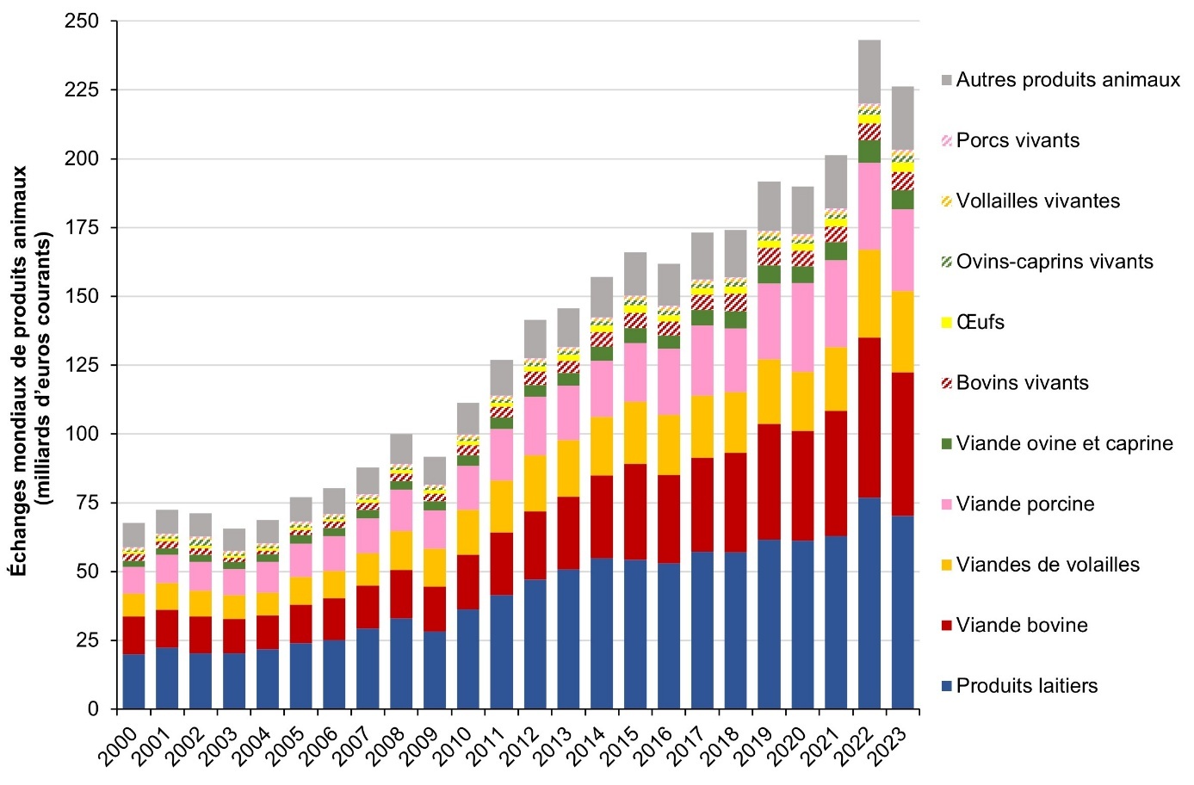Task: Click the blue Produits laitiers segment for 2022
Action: click(x=869, y=603)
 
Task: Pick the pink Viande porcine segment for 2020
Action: click(x=802, y=327)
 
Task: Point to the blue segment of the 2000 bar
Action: click(x=133, y=681)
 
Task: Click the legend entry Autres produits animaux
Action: click(x=1067, y=80)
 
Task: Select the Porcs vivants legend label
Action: click(x=1018, y=140)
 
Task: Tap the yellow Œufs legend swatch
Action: click(x=947, y=323)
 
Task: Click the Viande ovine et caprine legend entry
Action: click(x=1064, y=443)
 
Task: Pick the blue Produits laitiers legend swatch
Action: click(x=947, y=686)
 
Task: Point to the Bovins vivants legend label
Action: click(x=1022, y=383)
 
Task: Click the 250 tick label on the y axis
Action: click(x=82, y=21)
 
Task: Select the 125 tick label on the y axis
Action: click(x=82, y=365)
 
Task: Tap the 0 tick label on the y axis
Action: click(x=93, y=709)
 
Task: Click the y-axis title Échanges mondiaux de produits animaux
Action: click(x=19, y=370)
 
